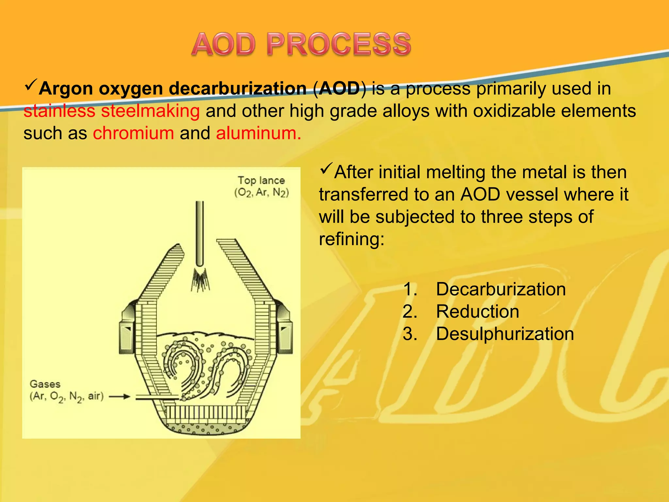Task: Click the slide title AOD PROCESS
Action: [301, 44]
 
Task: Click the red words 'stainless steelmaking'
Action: [111, 111]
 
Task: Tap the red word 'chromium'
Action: [133, 133]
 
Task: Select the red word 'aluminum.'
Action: [258, 133]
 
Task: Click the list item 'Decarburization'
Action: [500, 289]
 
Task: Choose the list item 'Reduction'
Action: [477, 311]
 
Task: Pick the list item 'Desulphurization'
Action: [505, 334]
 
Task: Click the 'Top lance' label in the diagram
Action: [261, 180]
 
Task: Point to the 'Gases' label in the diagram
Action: [45, 384]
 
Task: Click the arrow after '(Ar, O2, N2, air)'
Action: [119, 397]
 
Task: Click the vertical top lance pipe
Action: [199, 232]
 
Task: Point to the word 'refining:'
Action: [351, 239]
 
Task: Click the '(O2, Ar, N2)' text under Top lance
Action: [262, 192]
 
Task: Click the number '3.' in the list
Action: [410, 334]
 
